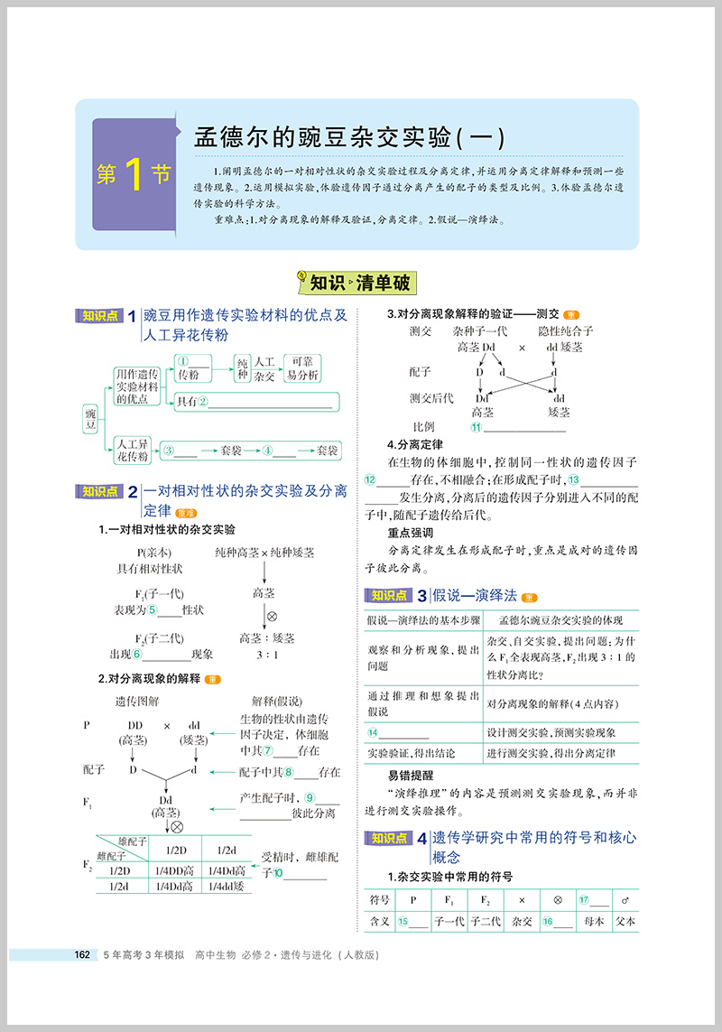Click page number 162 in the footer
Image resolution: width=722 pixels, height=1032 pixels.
(81, 954)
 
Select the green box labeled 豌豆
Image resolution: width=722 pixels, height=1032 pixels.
(90, 417)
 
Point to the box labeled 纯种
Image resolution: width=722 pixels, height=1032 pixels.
(242, 368)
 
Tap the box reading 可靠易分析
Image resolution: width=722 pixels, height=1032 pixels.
(299, 368)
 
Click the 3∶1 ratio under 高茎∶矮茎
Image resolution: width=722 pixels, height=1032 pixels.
(265, 654)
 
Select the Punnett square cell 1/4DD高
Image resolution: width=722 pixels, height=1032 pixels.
(175, 870)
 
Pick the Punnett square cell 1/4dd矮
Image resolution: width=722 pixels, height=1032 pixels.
(226, 887)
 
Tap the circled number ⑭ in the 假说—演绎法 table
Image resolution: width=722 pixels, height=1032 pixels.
(372, 732)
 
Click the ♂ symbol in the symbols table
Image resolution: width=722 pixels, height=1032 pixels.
(625, 899)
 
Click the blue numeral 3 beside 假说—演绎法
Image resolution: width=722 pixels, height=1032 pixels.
(421, 595)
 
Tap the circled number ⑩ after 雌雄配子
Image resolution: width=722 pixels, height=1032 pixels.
(278, 873)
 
